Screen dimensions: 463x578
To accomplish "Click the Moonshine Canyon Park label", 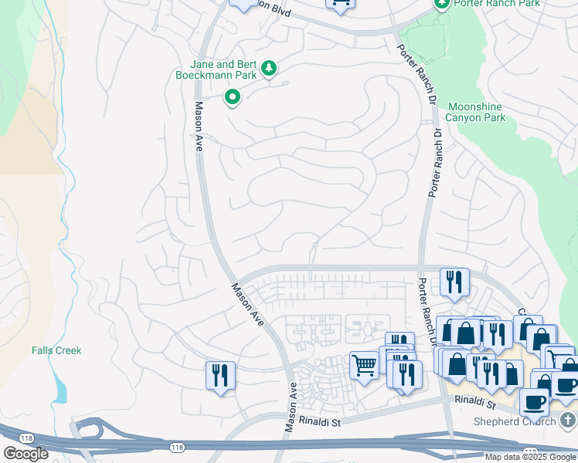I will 475,113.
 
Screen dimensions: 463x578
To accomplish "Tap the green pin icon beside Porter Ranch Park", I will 442,4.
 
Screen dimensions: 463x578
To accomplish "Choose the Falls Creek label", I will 56,350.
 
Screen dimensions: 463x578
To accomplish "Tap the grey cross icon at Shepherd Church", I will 568,420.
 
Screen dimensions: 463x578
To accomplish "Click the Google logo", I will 25,454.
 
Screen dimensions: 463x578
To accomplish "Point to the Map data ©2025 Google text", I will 531,457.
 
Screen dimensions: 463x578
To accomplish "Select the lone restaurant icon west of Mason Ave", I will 220,376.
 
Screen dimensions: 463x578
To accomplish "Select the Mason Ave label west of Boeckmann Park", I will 199,127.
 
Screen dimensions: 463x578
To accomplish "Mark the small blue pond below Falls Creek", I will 60,391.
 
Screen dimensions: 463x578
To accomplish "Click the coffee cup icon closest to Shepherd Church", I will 534,402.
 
